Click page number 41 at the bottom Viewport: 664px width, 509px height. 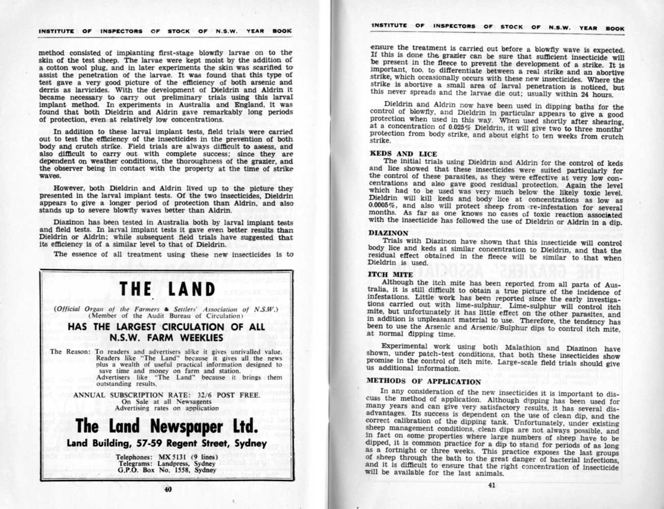[491, 485]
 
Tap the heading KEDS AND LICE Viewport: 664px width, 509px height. [403, 154]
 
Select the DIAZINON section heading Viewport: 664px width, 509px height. [389, 233]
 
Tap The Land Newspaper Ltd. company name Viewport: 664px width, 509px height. [168, 426]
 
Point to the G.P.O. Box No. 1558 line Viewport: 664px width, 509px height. [167, 470]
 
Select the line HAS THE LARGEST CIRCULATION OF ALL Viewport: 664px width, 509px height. [167, 326]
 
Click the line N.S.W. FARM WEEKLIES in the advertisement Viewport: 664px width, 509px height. [167, 337]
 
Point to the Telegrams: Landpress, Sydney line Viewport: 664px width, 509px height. [167, 464]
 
